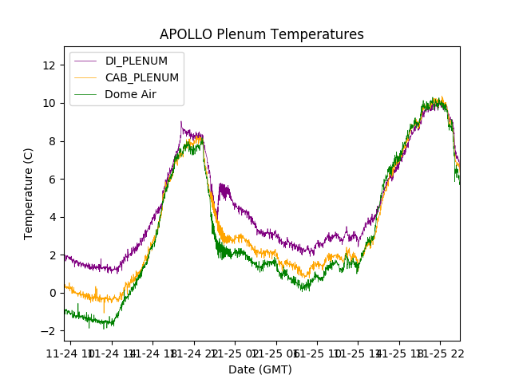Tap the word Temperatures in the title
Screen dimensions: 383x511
315,34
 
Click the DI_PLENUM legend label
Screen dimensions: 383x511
137,61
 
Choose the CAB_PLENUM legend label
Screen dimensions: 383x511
141,77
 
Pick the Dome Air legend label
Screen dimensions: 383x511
130,94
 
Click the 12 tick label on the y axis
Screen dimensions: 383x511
49,65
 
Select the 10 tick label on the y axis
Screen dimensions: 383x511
49,103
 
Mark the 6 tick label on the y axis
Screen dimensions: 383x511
52,179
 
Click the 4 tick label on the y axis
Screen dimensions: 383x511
52,217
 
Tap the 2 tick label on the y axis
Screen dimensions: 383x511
52,255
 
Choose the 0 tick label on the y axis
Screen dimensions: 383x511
52,293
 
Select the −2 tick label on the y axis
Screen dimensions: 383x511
49,331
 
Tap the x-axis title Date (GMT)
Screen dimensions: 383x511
260,369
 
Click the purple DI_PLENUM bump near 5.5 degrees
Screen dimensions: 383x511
224,190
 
